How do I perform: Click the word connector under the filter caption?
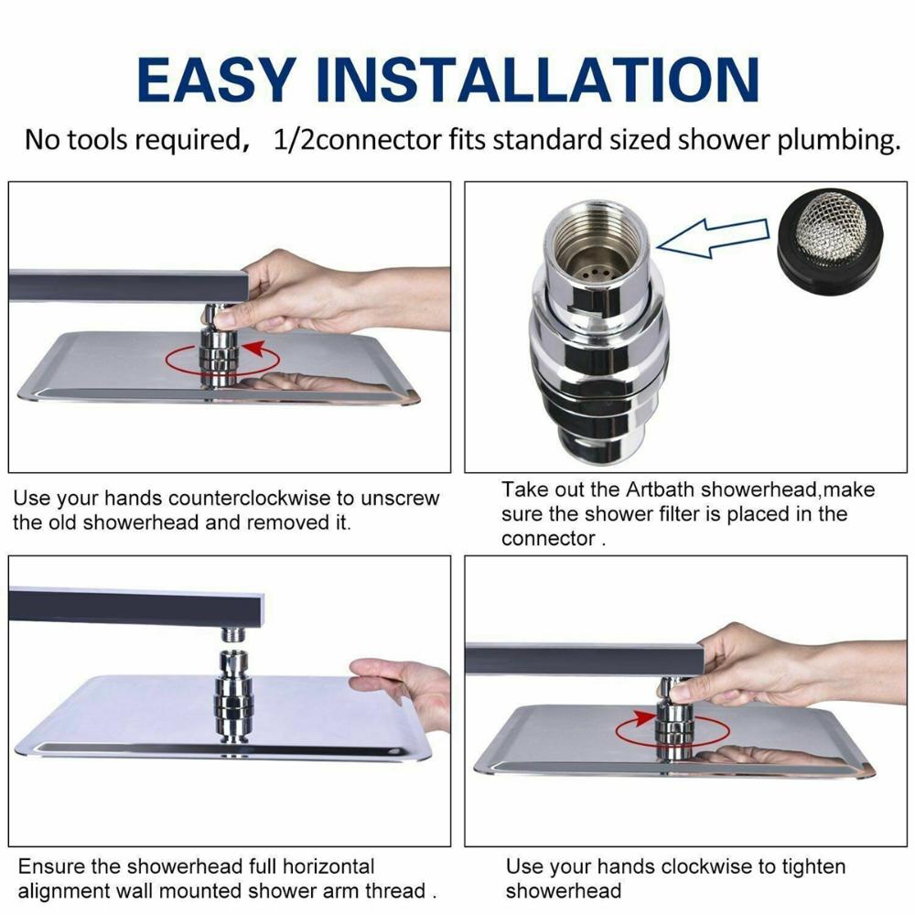548,539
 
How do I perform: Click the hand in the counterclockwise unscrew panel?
307,293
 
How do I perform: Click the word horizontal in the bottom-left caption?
318,866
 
